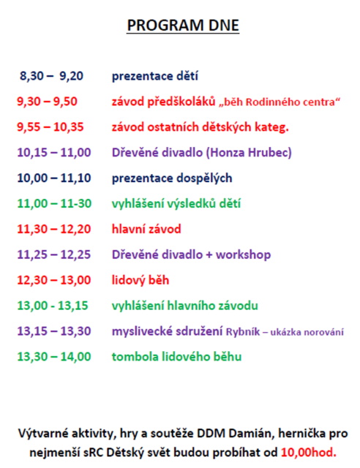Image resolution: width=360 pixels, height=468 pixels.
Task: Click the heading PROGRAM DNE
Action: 183,26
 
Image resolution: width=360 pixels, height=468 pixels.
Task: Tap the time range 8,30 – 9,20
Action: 51,76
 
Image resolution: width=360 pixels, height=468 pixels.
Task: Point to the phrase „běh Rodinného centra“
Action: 279,102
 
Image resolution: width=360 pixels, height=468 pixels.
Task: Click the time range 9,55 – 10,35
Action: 50,127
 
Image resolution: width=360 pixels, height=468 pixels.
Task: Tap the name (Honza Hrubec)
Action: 249,153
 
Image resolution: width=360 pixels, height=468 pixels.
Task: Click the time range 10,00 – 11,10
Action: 54,178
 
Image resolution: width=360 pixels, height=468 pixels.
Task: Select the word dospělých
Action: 204,178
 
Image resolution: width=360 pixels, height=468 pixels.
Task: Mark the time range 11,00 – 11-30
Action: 54,203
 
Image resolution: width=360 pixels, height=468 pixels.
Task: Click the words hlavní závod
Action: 146,229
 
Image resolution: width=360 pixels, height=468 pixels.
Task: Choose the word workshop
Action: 243,255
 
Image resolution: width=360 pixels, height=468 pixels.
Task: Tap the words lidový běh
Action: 140,280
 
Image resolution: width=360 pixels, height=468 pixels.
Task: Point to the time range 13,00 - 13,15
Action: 53,306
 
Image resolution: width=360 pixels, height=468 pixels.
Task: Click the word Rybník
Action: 243,332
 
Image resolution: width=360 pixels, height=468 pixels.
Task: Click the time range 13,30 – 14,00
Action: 54,357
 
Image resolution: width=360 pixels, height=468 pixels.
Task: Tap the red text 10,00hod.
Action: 309,453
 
